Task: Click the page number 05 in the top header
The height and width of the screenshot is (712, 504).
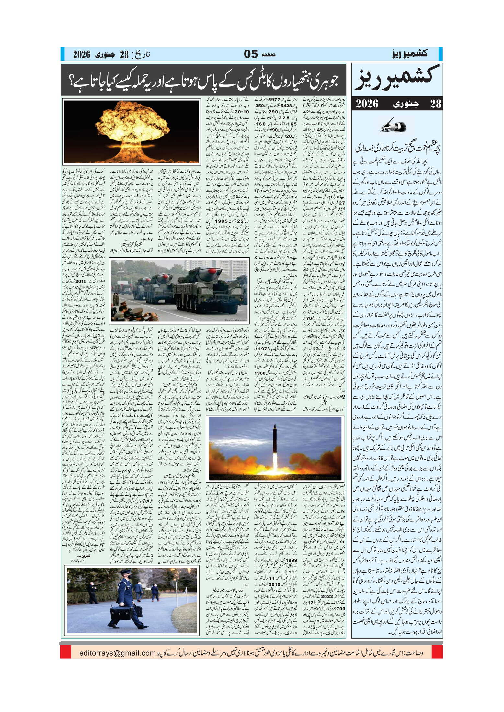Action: (x=250, y=54)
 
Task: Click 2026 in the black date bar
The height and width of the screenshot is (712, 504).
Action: (x=367, y=104)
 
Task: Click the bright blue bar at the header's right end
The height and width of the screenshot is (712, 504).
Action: (x=440, y=54)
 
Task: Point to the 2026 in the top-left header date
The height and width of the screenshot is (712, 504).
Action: (x=82, y=54)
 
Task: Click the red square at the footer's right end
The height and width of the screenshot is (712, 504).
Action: (x=438, y=652)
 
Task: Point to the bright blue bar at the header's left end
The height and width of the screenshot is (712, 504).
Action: (x=63, y=54)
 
